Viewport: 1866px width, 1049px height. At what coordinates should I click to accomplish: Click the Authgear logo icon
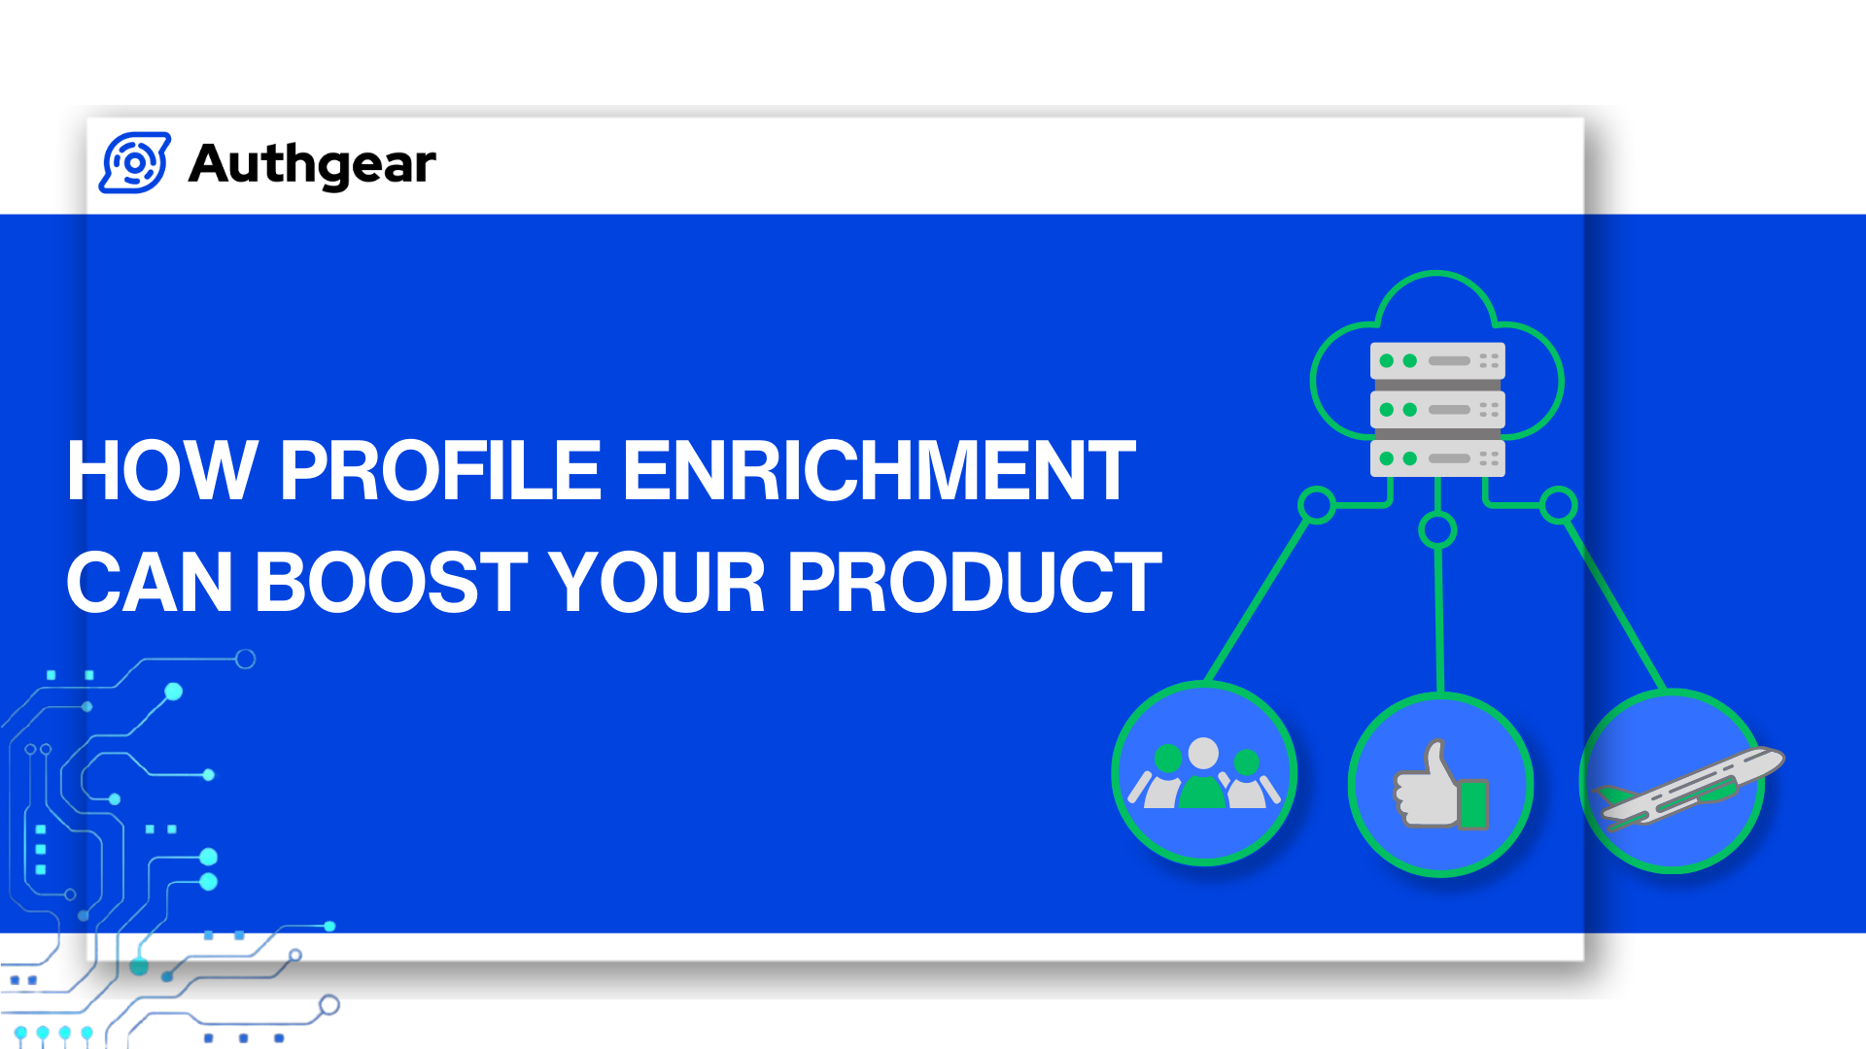(x=135, y=163)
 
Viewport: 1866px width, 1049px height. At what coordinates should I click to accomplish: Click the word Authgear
(x=312, y=163)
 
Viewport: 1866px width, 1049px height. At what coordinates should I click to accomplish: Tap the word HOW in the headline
(x=161, y=471)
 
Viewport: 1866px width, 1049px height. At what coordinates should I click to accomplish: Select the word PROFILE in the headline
(x=440, y=471)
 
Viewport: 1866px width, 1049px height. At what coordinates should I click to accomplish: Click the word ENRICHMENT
(x=878, y=471)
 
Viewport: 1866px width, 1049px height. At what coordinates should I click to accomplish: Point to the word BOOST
(x=391, y=583)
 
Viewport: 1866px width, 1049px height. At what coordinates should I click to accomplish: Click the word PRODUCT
(x=974, y=583)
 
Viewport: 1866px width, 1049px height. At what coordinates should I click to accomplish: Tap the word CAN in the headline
(x=150, y=583)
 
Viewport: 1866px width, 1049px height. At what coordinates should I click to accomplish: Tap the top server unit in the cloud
(x=1437, y=360)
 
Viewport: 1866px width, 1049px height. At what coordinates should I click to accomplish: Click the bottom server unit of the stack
(x=1437, y=458)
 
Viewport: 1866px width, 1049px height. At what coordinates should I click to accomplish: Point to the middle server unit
(x=1437, y=410)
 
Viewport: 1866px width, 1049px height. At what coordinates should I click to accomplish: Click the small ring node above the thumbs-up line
(x=1437, y=530)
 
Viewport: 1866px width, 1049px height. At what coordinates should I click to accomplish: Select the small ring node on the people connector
(x=1317, y=505)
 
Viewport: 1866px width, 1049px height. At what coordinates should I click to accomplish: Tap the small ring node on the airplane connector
(x=1558, y=505)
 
